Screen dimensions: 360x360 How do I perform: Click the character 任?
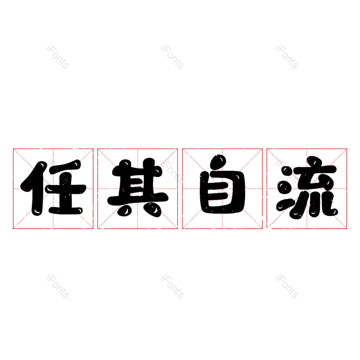[53, 188]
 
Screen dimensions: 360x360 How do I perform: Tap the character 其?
[138, 188]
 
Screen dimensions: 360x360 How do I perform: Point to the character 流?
[307, 187]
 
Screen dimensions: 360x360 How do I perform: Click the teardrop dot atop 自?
[218, 162]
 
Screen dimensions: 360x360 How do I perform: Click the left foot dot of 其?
[125, 209]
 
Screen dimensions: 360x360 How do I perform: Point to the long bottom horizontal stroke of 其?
[138, 200]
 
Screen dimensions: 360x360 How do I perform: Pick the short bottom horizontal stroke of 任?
[65, 211]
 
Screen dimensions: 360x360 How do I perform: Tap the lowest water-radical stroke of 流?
[285, 205]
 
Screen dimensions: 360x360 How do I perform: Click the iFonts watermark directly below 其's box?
[172, 286]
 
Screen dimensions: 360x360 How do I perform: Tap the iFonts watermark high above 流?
[287, 57]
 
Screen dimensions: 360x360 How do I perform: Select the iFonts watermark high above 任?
[57, 57]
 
